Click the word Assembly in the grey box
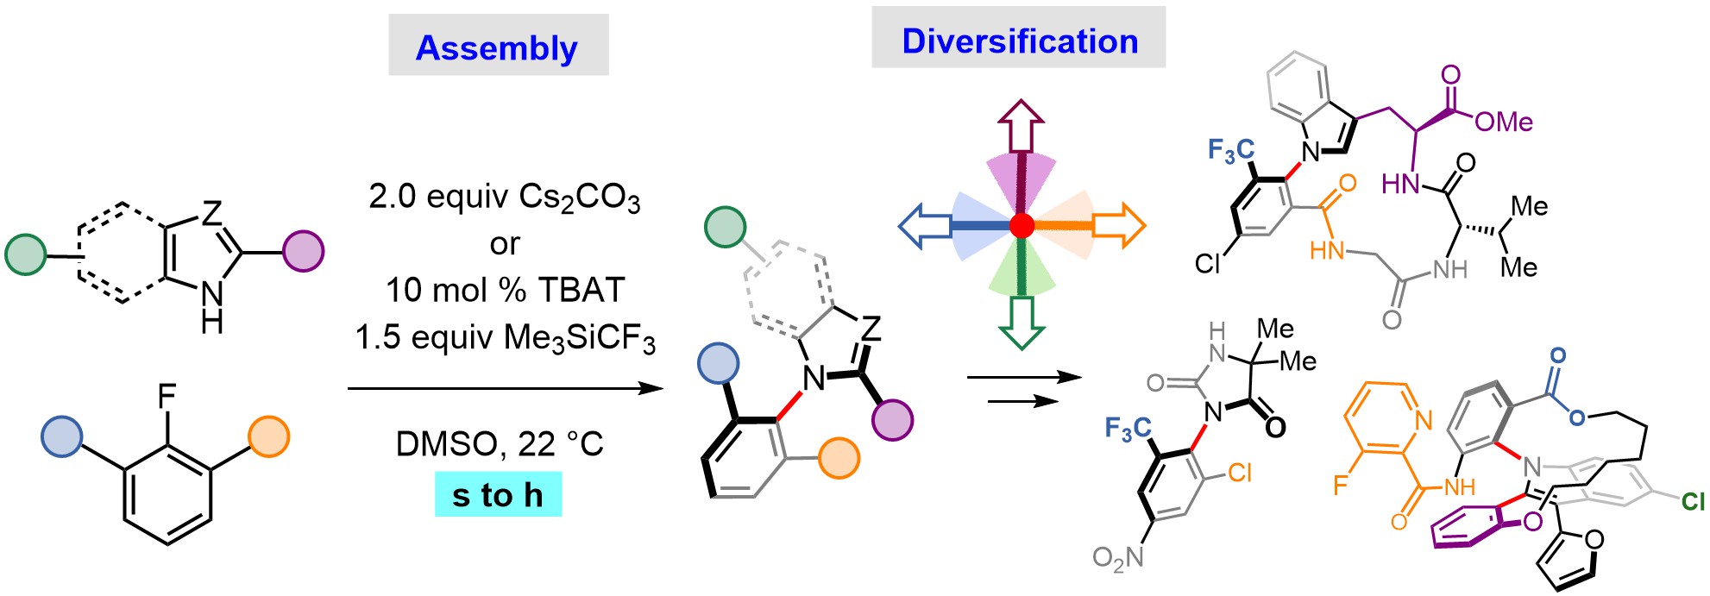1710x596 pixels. pos(497,48)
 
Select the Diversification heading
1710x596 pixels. pos(1020,41)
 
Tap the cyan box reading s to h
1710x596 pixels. pos(498,494)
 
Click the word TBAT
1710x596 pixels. pos(579,290)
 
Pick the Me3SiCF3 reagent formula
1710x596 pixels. pos(576,337)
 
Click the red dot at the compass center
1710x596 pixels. pos(1022,226)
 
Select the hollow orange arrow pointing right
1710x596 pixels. pos(1119,226)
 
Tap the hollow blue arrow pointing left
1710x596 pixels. pos(925,226)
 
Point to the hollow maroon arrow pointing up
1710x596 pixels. pos(1022,126)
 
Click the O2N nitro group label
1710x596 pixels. pos(1118,558)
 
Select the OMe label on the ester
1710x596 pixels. pos(1504,122)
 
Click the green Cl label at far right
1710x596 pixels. pos(1693,501)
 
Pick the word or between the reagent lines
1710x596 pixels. pos(505,244)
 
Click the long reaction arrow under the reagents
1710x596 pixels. pos(506,389)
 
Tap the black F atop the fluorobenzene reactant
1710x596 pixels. pos(167,397)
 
